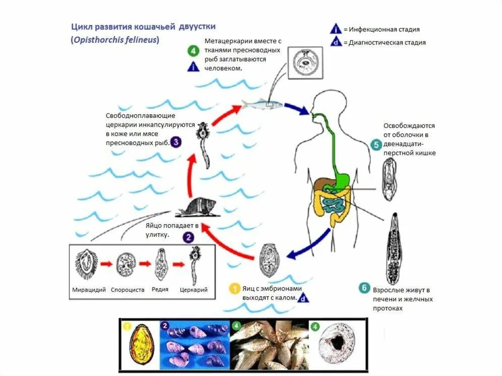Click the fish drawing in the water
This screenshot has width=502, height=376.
tap(262, 104)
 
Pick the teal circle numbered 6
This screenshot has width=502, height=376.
tap(364, 288)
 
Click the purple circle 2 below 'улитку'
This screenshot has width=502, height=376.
tap(188, 237)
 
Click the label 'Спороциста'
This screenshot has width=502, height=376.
tap(127, 290)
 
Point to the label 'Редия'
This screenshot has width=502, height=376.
tap(160, 289)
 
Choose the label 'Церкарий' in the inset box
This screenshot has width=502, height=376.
tap(194, 290)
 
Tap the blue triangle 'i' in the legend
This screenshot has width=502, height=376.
tap(335, 29)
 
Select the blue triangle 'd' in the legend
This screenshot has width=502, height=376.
tap(335, 42)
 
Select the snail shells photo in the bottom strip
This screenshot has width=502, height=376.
tap(195, 344)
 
